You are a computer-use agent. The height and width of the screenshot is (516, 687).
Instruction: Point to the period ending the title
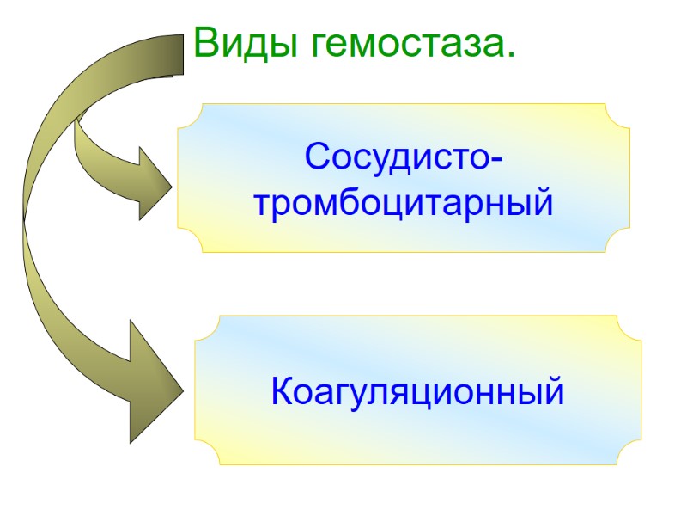pos(511,55)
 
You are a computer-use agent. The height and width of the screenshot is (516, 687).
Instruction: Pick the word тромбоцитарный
pos(404,205)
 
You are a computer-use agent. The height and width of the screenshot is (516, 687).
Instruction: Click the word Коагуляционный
pos(417,392)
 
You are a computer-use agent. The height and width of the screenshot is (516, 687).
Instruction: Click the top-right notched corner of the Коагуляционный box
pos(629,328)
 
